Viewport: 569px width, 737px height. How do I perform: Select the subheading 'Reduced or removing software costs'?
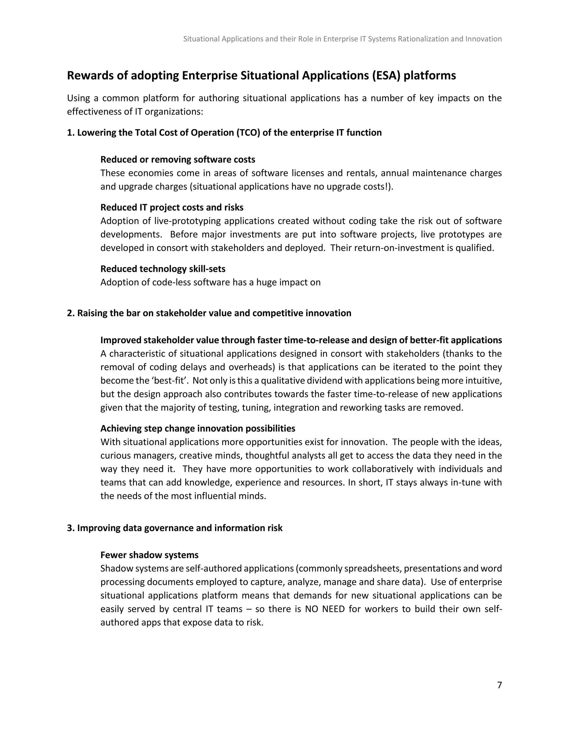pos(178,160)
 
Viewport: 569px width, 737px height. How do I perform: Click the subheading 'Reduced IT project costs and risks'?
pos(172,207)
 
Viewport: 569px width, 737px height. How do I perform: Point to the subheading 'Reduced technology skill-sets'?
pos(163,269)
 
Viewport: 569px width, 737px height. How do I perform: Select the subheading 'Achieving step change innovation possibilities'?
pos(198,429)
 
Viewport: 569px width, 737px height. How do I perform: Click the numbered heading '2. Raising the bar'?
pos(209,313)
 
